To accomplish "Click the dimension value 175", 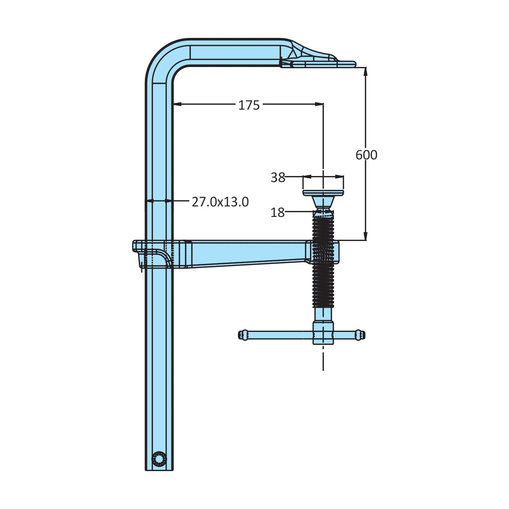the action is coord(249,105).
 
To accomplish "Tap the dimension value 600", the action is coord(366,155).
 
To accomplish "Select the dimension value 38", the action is coord(278,177).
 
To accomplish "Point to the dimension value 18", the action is coord(278,213).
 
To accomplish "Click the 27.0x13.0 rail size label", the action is coord(220,202).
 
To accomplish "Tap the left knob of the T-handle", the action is coord(243,335).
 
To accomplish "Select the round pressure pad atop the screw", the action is coord(323,193).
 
